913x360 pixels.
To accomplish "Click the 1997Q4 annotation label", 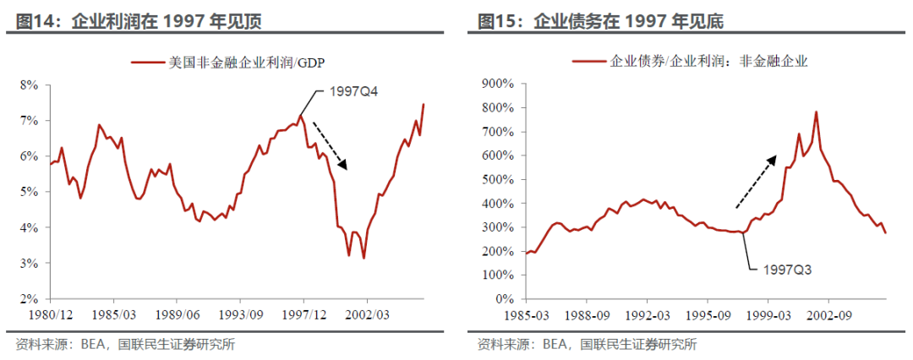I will point(353,93).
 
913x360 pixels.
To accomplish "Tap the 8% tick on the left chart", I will point(30,85).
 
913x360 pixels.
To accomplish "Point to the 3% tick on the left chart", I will point(30,264).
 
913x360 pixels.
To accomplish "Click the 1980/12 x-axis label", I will point(51,314).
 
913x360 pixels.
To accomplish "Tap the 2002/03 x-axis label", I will point(367,314).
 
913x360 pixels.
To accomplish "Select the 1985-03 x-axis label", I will point(526,314).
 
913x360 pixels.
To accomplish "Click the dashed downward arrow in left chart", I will point(331,142).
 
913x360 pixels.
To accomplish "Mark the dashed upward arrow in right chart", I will point(756,182).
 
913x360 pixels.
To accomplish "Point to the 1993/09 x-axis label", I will point(240,314).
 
